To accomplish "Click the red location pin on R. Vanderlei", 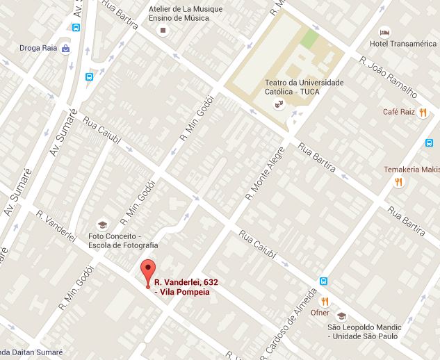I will pyautogui.click(x=147, y=270).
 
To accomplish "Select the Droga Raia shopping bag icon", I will pyautogui.click(x=65, y=49).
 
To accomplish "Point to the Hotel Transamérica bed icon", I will pyautogui.click(x=384, y=33).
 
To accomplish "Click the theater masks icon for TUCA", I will pyautogui.click(x=279, y=105).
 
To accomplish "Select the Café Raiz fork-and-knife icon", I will pyautogui.click(x=423, y=113).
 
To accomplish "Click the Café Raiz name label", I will pyautogui.click(x=399, y=112).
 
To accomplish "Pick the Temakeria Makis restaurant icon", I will pyautogui.click(x=398, y=182).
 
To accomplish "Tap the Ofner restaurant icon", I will pyautogui.click(x=324, y=301).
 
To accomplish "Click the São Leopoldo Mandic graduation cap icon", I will pyautogui.click(x=341, y=316).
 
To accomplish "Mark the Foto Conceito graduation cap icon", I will pyautogui.click(x=102, y=224).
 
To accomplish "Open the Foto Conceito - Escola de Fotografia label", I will pyautogui.click(x=128, y=240).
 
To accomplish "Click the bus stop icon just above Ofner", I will pyautogui.click(x=324, y=281).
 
